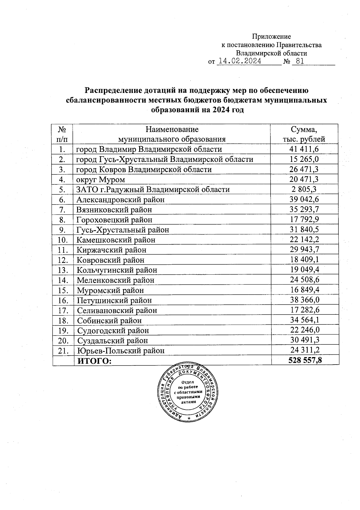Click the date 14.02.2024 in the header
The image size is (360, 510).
point(239,61)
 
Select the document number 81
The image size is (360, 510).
point(300,61)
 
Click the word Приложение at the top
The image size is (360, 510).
point(271,37)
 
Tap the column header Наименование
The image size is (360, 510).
point(172,130)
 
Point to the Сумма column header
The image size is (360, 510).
point(304,130)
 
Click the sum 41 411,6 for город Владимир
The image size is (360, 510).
point(304,149)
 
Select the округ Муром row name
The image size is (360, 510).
point(100,180)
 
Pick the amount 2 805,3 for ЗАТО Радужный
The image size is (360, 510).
point(304,189)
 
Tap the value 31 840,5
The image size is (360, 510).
point(304,230)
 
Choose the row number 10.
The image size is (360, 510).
point(63,240)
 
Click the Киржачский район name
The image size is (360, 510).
point(112,250)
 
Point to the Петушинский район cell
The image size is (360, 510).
point(114,300)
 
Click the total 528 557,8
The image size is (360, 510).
point(305,360)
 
